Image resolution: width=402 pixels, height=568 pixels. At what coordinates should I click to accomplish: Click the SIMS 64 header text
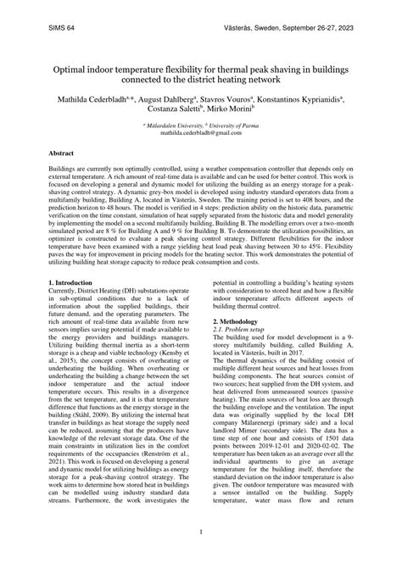(x=60, y=28)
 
